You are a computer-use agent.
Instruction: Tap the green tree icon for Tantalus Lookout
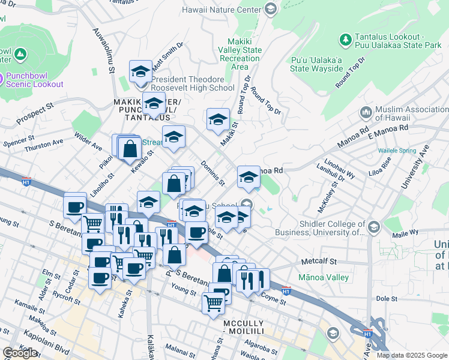tap(346, 40)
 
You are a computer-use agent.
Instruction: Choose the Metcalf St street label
tap(320, 262)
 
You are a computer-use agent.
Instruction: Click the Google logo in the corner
tap(20, 353)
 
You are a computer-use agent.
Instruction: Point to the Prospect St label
tap(35, 116)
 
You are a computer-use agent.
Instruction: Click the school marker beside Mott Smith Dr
tap(141, 72)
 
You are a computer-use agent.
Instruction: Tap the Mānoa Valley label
tap(324, 278)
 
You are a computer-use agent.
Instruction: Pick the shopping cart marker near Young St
tap(214, 304)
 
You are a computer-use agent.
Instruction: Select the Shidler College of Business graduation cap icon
tap(374, 227)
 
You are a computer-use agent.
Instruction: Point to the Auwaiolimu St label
tap(103, 50)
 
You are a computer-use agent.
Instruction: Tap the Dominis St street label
tap(212, 173)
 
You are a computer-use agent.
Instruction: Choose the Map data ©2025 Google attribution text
tap(412, 355)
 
